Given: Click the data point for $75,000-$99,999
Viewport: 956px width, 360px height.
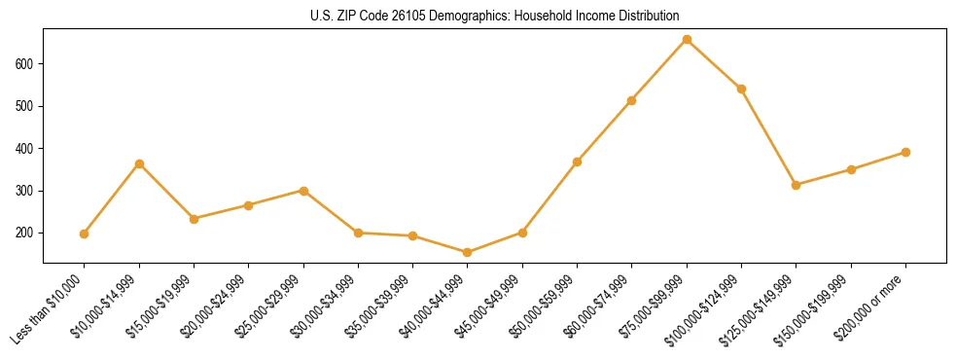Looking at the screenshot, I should tap(687, 40).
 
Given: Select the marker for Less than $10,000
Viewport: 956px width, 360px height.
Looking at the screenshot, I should tap(85, 234).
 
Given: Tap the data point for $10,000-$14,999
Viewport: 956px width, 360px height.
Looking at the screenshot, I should tap(139, 163).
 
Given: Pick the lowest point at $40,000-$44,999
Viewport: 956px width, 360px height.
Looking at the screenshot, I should tap(468, 253).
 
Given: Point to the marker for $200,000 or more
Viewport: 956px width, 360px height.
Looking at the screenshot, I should tap(905, 152).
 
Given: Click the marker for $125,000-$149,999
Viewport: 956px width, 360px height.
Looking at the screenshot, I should tap(796, 185).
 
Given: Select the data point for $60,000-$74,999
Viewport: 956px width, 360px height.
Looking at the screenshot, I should tap(632, 100).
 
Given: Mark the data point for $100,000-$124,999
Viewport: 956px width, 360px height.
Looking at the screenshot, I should tap(741, 89).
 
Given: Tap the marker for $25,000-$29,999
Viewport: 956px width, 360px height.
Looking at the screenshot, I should tap(303, 191).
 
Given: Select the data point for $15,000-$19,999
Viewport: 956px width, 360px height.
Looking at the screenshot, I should tap(194, 219).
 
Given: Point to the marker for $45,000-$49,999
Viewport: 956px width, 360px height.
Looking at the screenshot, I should tap(522, 233).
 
